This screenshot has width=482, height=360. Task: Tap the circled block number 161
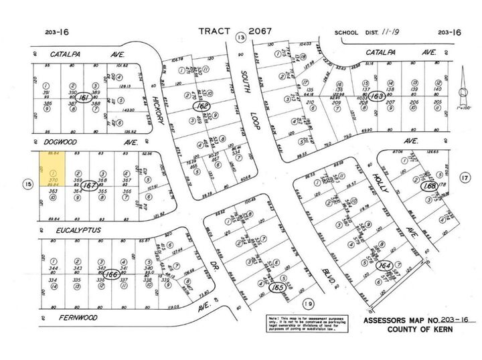coord(84,98)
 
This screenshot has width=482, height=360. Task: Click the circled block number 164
coord(384,266)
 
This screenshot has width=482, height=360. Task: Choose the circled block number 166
coord(112,274)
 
